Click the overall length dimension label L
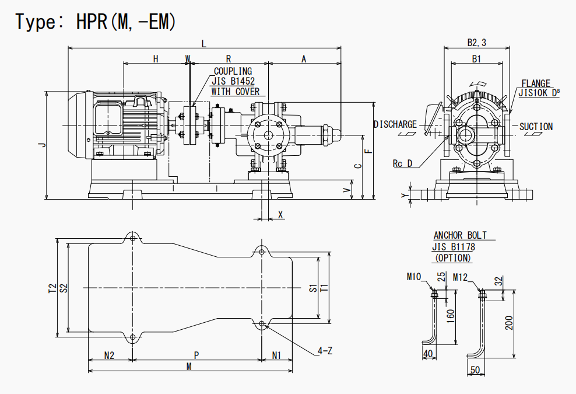pos(203,43)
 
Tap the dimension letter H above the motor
pos(156,59)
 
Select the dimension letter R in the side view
pos(229,59)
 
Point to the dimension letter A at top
pos(304,59)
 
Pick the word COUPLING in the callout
pos(233,72)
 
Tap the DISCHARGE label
pos(395,124)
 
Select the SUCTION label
pos(536,127)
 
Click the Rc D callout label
pos(402,164)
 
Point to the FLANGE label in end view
pos(536,84)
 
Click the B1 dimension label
pos(477,59)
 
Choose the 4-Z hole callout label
pos(325,351)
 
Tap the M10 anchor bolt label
pos(415,276)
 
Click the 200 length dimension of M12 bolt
pos(509,323)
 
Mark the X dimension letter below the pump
pos(281,215)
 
